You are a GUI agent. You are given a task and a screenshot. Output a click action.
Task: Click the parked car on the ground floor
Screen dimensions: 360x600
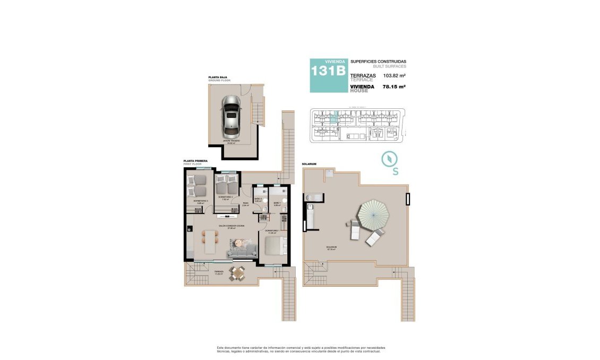click(232, 117)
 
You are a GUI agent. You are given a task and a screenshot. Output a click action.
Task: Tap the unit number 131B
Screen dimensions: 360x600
click(328, 70)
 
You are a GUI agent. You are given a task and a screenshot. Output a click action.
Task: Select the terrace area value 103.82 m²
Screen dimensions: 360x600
click(394, 76)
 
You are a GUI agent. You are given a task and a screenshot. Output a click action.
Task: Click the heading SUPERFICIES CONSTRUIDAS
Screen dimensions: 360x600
click(378, 62)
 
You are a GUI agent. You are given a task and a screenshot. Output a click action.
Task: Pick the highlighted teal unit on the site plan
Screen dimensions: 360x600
click(333, 117)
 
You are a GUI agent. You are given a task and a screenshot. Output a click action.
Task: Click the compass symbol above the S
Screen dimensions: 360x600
click(390, 159)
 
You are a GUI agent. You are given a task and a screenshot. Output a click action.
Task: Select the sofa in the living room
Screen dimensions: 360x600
click(242, 253)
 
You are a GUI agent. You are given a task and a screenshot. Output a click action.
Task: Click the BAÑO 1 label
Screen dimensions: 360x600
click(277, 203)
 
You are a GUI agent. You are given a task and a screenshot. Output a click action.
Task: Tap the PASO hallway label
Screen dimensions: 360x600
click(246, 203)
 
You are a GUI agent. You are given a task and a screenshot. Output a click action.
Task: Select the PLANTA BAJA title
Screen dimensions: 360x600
click(218, 78)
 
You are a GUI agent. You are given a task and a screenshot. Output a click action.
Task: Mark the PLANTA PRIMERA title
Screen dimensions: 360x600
click(195, 160)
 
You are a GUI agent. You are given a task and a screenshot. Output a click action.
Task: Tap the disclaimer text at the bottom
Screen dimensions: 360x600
click(301, 349)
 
